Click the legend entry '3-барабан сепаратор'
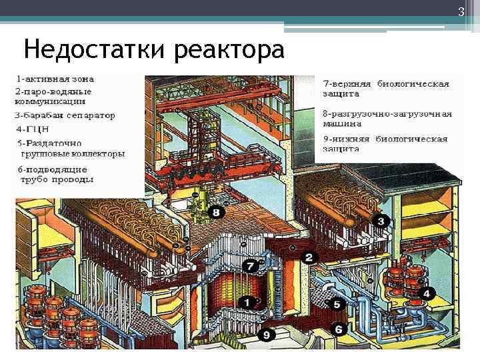[x=65, y=115]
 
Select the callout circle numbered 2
[x=308, y=256]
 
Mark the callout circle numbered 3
[x=380, y=220]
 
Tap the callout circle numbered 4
[x=427, y=293]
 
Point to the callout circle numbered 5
[x=337, y=305]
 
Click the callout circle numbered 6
[x=338, y=329]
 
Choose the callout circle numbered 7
[x=250, y=266]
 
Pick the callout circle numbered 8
[x=217, y=213]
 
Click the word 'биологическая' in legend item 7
[x=413, y=85]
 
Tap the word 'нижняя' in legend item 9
[x=349, y=139]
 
